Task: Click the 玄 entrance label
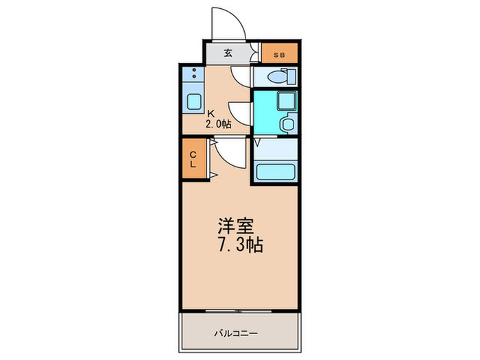[227, 53]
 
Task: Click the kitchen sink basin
[193, 101]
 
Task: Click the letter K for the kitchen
[211, 114]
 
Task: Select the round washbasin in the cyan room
[287, 124]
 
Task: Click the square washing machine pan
[283, 102]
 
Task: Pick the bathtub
[274, 171]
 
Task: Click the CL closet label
[193, 159]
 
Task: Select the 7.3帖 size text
[241, 245]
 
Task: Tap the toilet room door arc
[241, 76]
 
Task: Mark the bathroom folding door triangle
[257, 143]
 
